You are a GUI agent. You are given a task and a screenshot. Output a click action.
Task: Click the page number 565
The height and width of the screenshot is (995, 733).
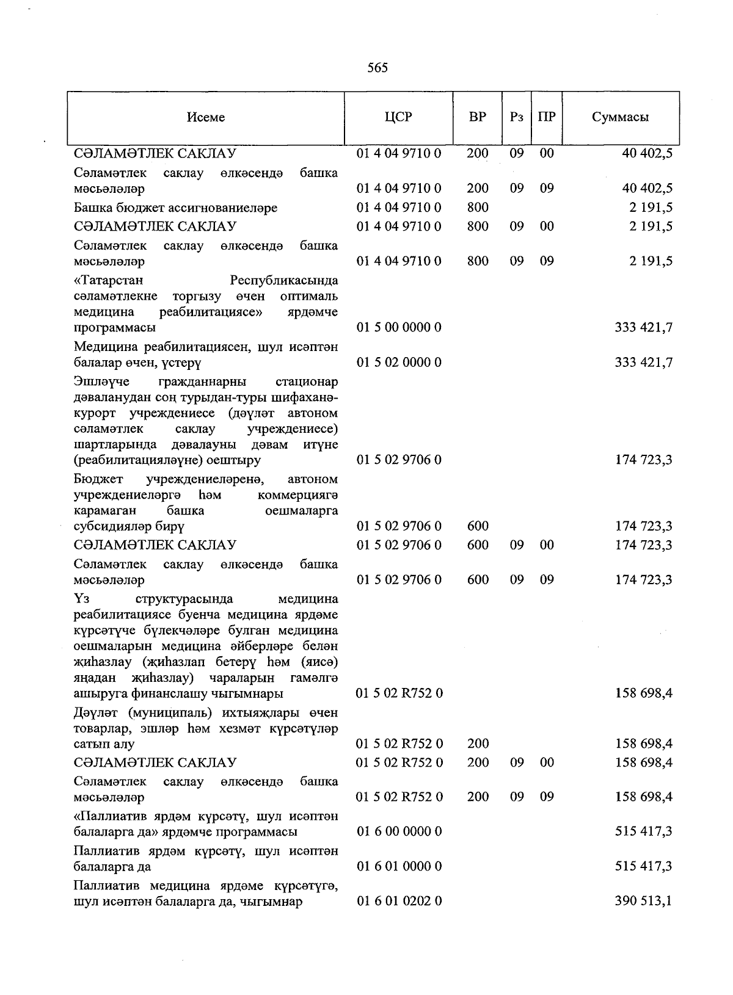click(x=377, y=68)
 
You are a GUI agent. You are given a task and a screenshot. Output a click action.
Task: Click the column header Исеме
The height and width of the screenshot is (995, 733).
click(x=206, y=117)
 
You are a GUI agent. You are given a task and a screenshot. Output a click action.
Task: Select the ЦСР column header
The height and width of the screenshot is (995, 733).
click(x=399, y=117)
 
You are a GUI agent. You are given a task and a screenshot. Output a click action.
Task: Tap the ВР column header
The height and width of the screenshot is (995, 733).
click(x=477, y=117)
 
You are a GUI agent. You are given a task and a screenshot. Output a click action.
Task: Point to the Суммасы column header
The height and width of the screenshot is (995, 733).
click(x=620, y=117)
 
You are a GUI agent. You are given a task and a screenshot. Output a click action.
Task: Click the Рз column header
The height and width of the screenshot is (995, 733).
click(x=516, y=117)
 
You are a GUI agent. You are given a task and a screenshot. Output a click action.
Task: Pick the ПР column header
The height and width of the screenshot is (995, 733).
click(x=547, y=117)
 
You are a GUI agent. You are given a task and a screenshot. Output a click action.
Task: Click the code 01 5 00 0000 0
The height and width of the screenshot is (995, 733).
click(x=399, y=328)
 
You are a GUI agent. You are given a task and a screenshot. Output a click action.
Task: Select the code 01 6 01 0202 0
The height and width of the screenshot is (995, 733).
click(x=399, y=901)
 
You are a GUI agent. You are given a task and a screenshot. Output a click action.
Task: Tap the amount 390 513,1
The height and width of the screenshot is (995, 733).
click(x=643, y=901)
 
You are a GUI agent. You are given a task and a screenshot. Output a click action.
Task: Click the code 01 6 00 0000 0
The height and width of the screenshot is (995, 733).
click(x=399, y=831)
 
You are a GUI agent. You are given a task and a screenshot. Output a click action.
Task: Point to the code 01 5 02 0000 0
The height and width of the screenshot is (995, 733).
click(x=399, y=363)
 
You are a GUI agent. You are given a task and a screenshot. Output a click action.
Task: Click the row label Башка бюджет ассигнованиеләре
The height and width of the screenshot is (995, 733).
click(x=175, y=208)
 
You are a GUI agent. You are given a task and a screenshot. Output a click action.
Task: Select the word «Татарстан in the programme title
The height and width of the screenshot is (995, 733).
click(x=109, y=281)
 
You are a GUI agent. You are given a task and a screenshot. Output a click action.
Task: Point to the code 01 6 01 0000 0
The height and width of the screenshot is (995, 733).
click(x=399, y=866)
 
